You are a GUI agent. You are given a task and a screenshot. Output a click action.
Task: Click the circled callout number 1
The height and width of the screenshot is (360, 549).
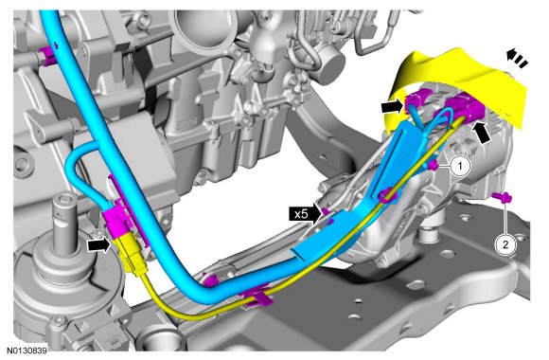[460, 166]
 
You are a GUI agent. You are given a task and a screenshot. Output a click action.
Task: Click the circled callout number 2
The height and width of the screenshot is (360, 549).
[505, 244]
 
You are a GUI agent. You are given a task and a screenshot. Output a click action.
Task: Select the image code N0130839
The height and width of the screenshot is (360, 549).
[27, 351]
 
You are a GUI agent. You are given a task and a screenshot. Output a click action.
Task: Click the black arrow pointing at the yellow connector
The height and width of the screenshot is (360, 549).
[98, 244]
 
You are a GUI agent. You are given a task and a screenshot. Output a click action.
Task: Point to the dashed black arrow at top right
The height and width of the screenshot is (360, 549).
[517, 58]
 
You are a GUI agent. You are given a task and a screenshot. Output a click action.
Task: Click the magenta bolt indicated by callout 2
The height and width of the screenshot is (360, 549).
[503, 198]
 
